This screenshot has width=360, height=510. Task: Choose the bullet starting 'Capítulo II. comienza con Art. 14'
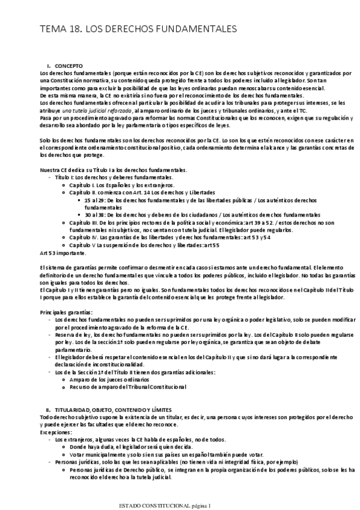pyautogui.click(x=139, y=192)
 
